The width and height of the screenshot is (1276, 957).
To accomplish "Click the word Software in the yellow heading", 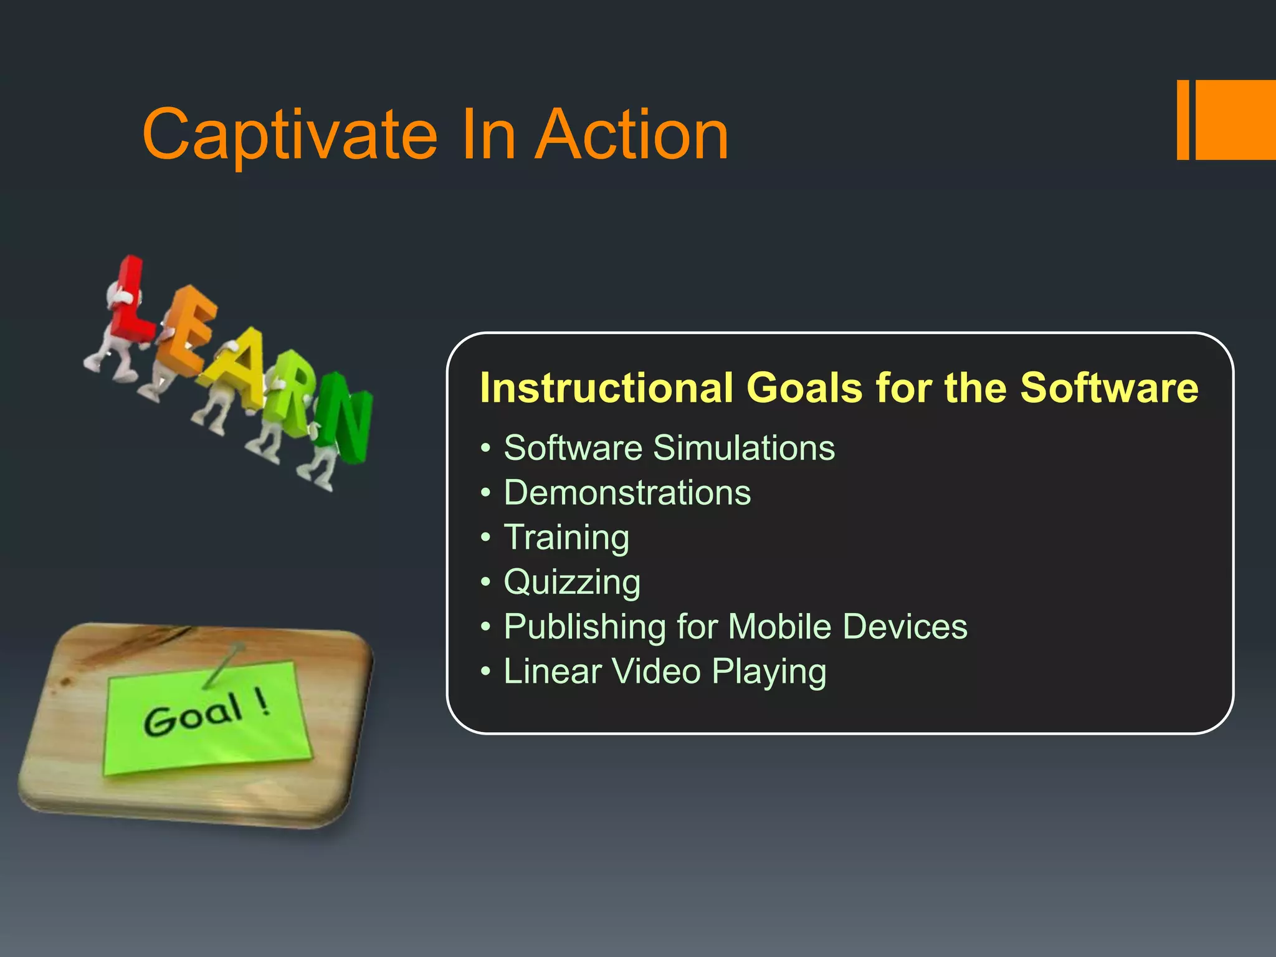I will (1109, 388).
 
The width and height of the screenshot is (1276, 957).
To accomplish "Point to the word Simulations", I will (744, 448).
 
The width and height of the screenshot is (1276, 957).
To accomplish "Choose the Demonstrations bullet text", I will (627, 493).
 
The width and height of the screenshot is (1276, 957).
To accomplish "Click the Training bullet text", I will (566, 538).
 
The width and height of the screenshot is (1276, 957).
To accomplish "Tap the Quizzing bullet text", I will (572, 583).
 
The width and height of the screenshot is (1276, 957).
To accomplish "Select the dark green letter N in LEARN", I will (346, 417).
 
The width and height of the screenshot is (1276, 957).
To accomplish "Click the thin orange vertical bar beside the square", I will (1183, 120).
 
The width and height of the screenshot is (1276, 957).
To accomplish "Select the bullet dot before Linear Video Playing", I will (486, 672).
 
